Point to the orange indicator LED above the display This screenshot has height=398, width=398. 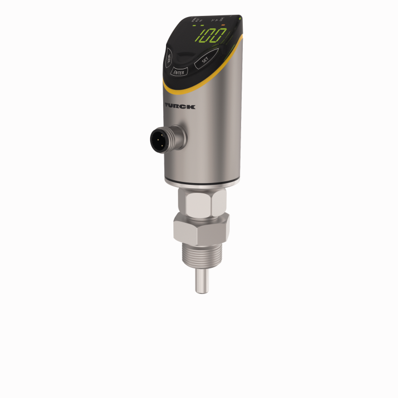pyautogui.click(x=223, y=26)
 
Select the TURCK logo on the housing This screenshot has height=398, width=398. pyautogui.click(x=180, y=106)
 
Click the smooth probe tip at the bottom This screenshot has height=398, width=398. pyautogui.click(x=201, y=282)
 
